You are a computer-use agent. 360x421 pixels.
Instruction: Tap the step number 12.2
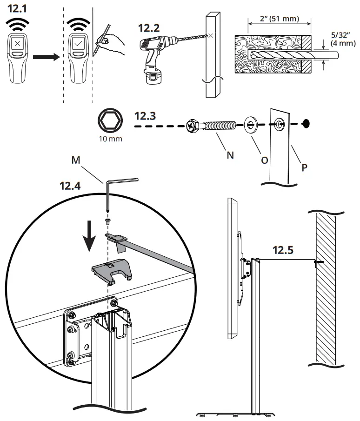[x=149, y=27]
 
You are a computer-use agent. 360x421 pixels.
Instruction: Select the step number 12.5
[x=283, y=250]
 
